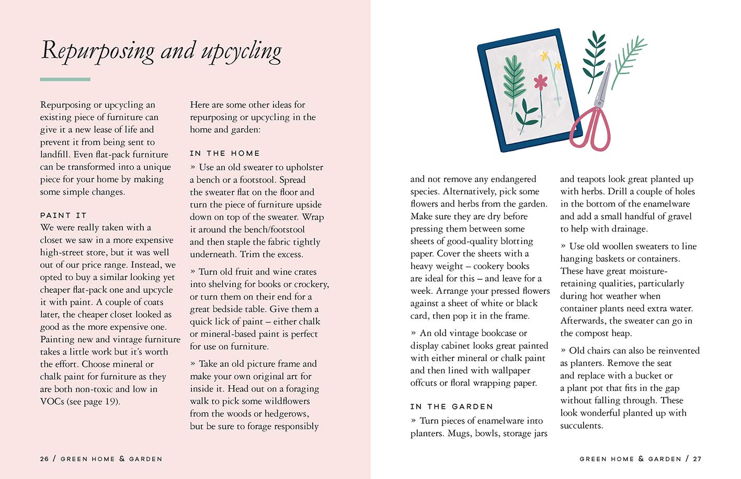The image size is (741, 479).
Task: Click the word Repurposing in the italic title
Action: click(97, 51)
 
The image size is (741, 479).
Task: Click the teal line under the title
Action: click(65, 79)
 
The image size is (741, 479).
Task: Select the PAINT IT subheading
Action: click(63, 215)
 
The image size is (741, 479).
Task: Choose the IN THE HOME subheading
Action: click(225, 153)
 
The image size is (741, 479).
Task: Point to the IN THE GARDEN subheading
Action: click(451, 406)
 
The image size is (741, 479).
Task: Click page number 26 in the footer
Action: click(44, 459)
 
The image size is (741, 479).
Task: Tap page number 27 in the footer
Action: click(697, 459)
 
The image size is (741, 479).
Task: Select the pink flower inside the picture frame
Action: click(540, 82)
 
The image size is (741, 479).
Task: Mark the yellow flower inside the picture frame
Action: click(545, 56)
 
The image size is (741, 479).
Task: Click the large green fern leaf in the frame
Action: click(514, 78)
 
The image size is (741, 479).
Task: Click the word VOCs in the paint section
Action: click(52, 402)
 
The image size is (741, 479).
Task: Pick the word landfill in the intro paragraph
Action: click(55, 154)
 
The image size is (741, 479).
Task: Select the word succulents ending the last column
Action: click(582, 426)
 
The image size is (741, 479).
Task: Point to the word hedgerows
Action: click(286, 414)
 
